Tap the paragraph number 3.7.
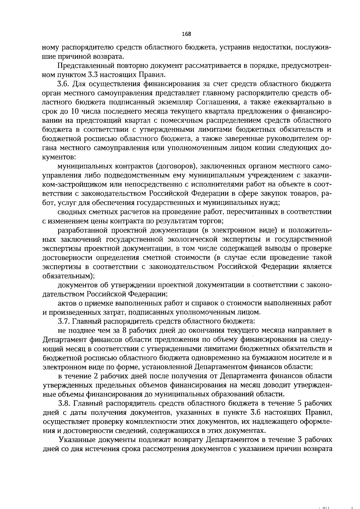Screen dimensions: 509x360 click(64, 321)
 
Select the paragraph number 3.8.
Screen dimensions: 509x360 click(64, 403)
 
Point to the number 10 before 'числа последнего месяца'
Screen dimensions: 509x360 click(75, 111)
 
